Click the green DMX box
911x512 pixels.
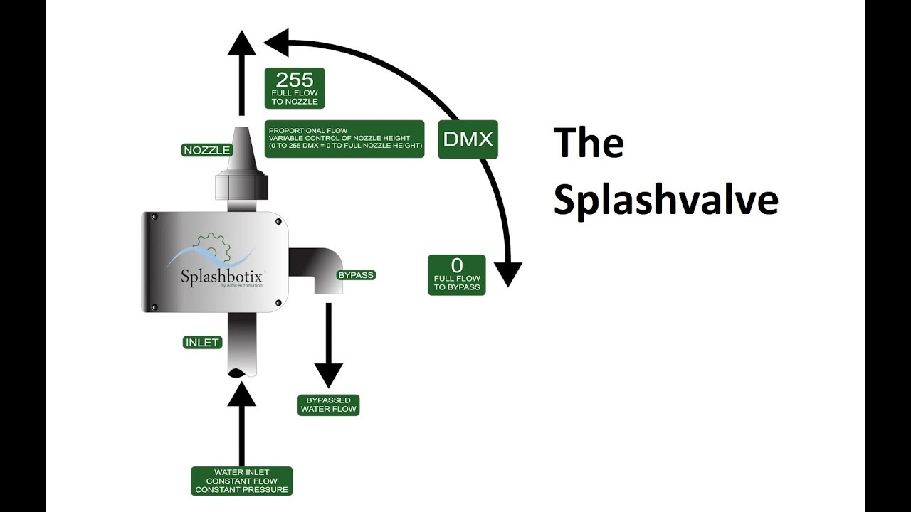click(468, 139)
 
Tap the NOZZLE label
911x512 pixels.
click(206, 150)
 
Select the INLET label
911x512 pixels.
click(202, 343)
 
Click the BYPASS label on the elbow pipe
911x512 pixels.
click(355, 275)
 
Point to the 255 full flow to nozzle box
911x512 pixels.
click(295, 88)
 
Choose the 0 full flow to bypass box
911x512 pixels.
click(457, 275)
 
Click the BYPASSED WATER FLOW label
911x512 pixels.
click(328, 405)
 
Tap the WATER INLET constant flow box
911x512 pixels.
click(241, 481)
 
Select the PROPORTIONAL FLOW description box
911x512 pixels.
click(345, 139)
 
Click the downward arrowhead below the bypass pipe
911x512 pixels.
click(328, 374)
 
